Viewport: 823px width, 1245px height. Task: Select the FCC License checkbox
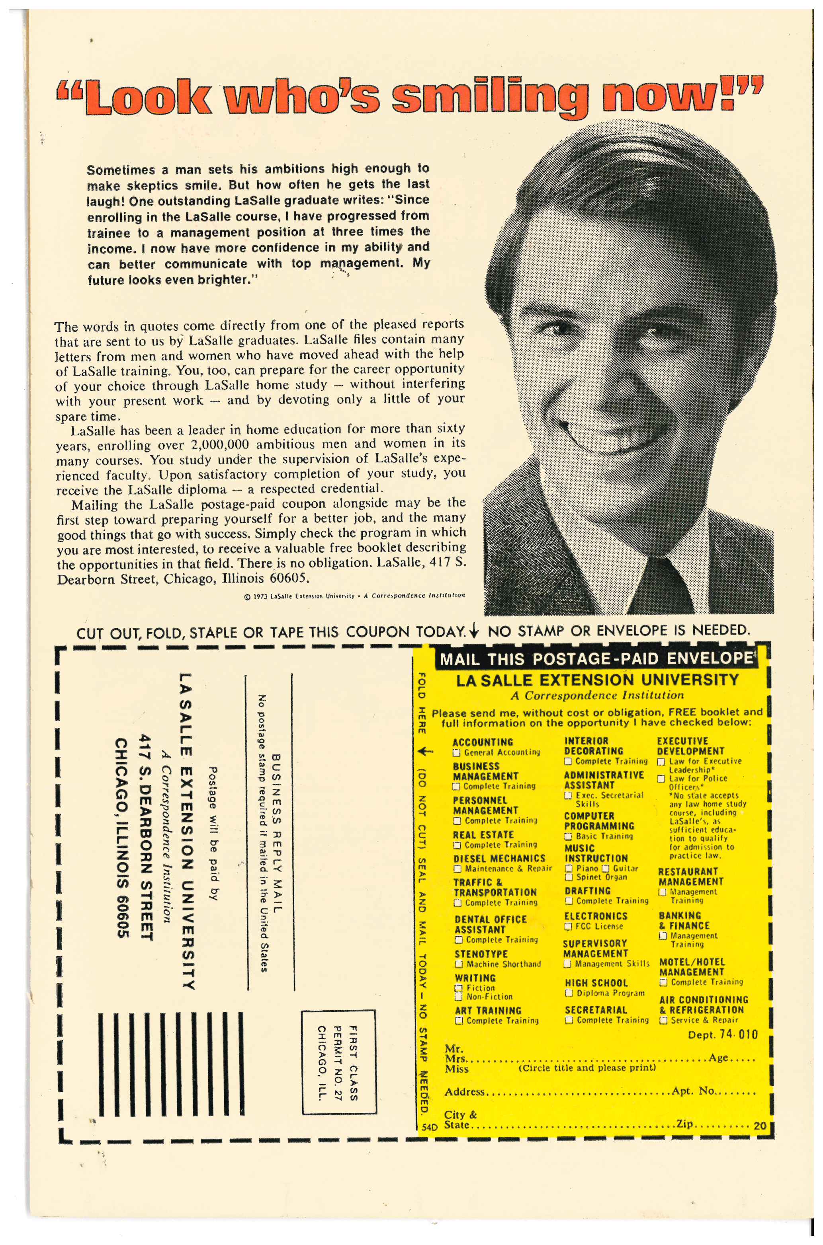568,927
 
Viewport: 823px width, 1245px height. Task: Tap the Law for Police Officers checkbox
662,779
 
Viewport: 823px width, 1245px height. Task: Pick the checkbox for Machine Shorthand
459,964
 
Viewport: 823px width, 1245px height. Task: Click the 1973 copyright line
355,596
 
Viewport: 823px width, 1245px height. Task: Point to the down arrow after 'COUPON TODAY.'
474,631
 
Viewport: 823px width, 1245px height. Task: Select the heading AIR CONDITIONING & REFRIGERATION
703,1004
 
